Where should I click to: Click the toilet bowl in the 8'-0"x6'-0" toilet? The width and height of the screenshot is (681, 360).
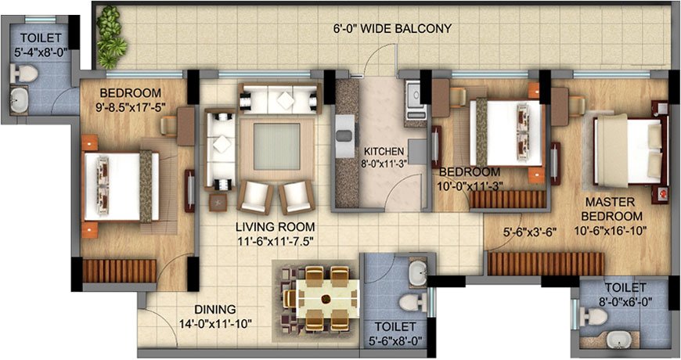[596, 316]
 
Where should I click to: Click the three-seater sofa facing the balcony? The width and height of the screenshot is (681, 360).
[279, 99]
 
